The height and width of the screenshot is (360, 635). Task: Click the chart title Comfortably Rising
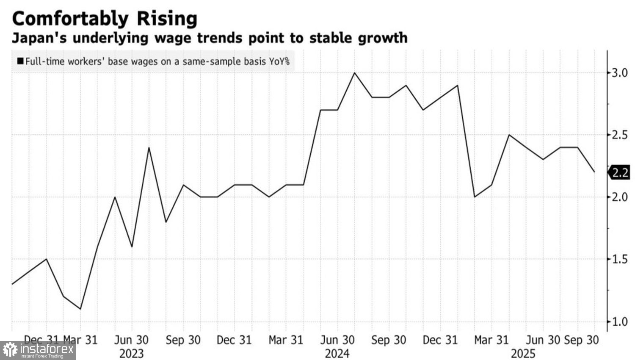pos(105,19)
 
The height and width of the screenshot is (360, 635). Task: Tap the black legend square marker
pos(20,61)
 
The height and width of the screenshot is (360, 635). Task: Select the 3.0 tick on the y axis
pos(619,73)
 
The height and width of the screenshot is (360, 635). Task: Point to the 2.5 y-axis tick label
pos(619,135)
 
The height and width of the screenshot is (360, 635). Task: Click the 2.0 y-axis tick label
pos(619,197)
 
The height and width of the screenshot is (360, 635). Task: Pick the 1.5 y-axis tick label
pos(619,259)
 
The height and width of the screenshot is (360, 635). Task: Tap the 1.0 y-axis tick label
pos(619,321)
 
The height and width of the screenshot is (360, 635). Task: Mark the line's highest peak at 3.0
pos(354,73)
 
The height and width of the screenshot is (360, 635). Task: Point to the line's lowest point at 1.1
pos(80,309)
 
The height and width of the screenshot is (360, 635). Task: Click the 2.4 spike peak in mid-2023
pos(149,147)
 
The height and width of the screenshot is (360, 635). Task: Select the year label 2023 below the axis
pos(132,353)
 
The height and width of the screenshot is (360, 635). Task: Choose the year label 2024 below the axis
pos(337,353)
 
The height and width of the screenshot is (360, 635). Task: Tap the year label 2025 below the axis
pos(523,353)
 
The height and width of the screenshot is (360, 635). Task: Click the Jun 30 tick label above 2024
pos(337,340)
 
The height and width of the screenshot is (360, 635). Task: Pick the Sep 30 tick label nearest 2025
pos(582,340)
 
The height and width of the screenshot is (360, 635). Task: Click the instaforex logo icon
pos(10,350)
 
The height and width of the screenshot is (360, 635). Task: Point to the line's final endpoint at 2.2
pos(594,172)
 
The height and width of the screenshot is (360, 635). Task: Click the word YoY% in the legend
pos(279,61)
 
